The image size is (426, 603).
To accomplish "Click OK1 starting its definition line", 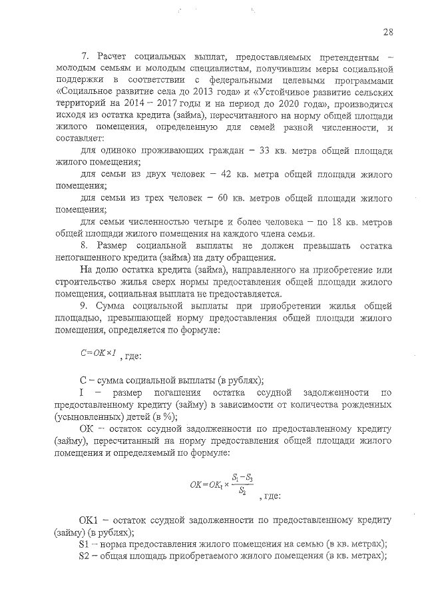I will (x=89, y=519).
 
